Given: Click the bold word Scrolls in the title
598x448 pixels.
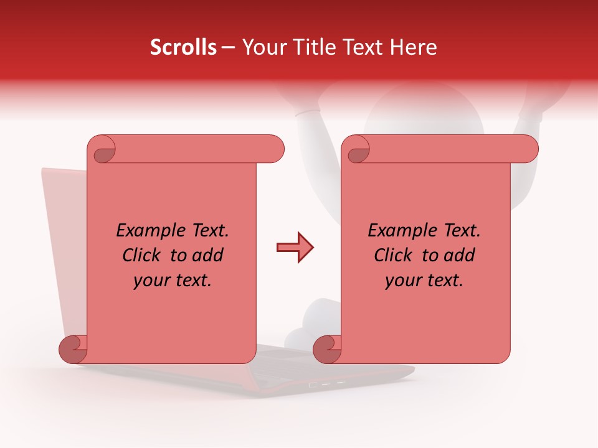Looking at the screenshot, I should click(x=183, y=47).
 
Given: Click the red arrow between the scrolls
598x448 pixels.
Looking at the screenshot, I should click(x=295, y=248).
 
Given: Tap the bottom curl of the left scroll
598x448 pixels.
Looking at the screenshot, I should click(x=74, y=349).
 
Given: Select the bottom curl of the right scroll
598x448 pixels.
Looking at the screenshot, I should click(x=327, y=349).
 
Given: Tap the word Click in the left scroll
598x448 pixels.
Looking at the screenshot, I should click(x=141, y=255).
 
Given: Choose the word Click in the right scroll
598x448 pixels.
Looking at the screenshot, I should click(x=392, y=255).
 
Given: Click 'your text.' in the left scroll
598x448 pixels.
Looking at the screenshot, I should click(x=173, y=280).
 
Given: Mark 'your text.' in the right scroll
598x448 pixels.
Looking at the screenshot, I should click(x=424, y=280).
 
